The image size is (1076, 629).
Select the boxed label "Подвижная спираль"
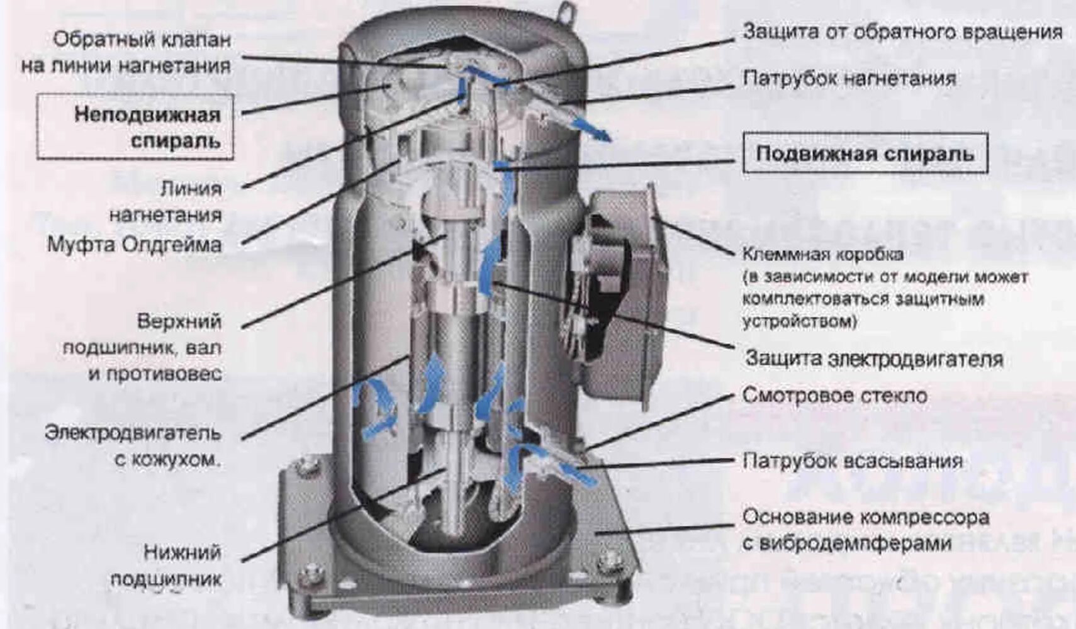865,153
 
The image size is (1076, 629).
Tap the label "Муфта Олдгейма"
134,244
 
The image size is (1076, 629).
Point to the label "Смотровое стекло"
834,396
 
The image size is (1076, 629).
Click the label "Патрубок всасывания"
852,461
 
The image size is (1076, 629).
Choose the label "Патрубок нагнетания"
849,79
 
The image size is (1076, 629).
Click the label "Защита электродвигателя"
874,359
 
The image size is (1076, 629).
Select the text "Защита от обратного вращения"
902,31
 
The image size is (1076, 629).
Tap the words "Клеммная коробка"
822,254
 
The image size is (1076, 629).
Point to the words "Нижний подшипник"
167,565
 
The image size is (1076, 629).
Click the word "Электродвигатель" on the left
133,433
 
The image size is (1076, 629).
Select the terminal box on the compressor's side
620,296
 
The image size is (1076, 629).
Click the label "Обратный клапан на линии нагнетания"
126,52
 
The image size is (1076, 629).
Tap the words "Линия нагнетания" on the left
165,201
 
